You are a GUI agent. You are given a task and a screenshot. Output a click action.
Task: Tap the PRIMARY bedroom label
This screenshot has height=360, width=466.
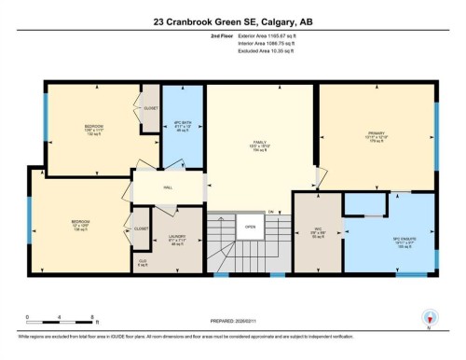pyautogui.click(x=377, y=134)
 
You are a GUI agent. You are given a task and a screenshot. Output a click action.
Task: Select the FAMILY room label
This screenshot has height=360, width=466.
pyautogui.click(x=260, y=143)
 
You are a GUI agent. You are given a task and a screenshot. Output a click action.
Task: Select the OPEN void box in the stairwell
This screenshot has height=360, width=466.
pyautogui.click(x=250, y=227)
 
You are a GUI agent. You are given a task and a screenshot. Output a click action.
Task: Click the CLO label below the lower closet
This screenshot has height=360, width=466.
pyautogui.click(x=143, y=261)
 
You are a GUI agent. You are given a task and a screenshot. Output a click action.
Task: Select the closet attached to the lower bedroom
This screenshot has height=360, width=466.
pyautogui.click(x=141, y=228)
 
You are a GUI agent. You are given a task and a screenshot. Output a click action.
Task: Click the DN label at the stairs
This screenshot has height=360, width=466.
pyautogui.click(x=270, y=213)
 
